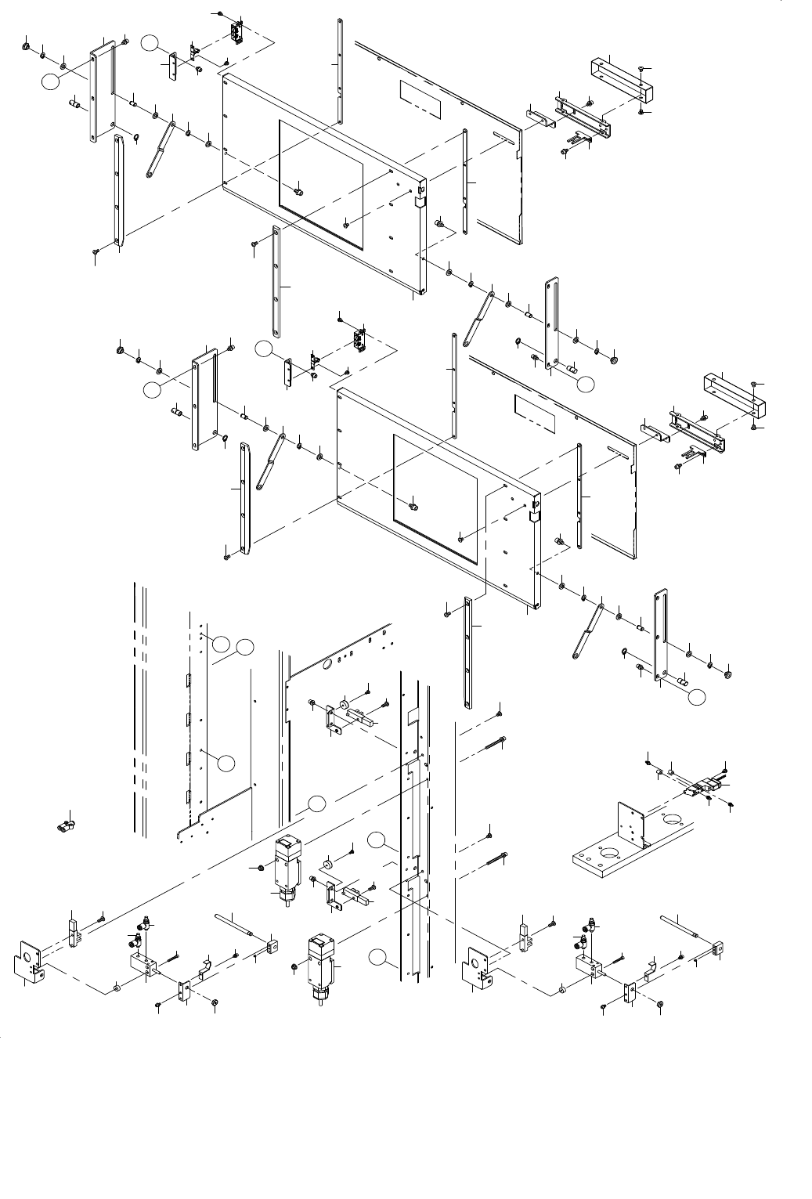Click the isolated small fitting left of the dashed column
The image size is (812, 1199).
pyautogui.click(x=65, y=823)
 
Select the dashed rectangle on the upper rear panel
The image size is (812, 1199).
pyautogui.click(x=420, y=93)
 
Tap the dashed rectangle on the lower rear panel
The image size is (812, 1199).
pyautogui.click(x=533, y=414)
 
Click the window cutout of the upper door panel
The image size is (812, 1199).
pyautogui.click(x=321, y=185)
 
